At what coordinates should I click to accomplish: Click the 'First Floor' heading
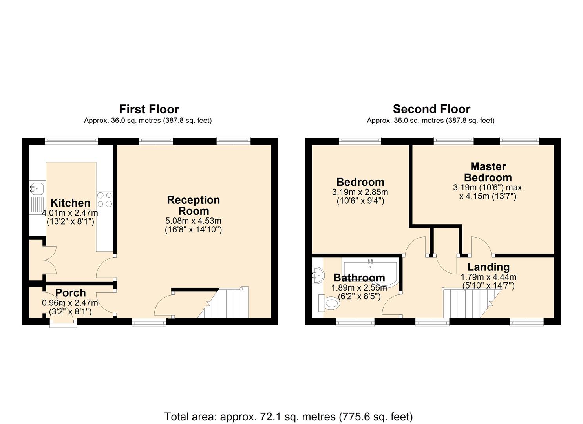[x=149, y=109]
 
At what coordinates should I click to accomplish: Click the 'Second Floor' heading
[x=431, y=109]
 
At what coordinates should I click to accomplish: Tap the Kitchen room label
[x=70, y=203]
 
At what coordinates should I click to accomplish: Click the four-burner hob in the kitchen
[x=104, y=199]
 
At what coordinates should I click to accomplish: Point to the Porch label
[x=70, y=293]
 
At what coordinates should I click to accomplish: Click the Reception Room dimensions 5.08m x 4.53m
[x=193, y=221]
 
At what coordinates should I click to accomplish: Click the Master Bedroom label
[x=488, y=172]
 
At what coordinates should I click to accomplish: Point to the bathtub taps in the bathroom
[x=370, y=261]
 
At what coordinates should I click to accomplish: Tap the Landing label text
[x=488, y=267]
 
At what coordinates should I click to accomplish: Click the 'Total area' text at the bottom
[x=288, y=417]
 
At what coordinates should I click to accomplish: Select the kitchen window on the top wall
[x=71, y=141]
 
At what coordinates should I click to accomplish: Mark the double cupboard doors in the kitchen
[x=50, y=260]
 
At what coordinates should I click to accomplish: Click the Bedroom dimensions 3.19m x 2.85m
[x=360, y=192]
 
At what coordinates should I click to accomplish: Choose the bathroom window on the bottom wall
[x=355, y=322]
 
